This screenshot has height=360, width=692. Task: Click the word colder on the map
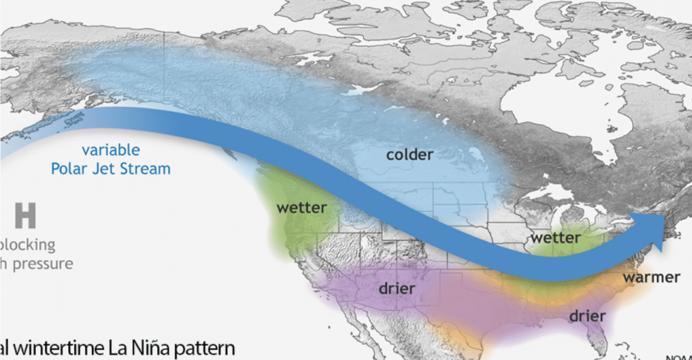(x=409, y=155)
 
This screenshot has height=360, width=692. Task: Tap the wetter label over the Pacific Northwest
(x=302, y=207)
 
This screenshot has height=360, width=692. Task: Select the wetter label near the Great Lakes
(x=555, y=237)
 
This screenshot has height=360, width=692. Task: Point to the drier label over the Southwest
(x=397, y=287)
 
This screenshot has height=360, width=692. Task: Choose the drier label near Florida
(x=588, y=316)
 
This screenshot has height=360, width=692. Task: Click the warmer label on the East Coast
(x=652, y=277)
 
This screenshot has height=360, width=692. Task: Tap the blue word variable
(x=110, y=150)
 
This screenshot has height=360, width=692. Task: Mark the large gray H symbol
(x=25, y=215)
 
